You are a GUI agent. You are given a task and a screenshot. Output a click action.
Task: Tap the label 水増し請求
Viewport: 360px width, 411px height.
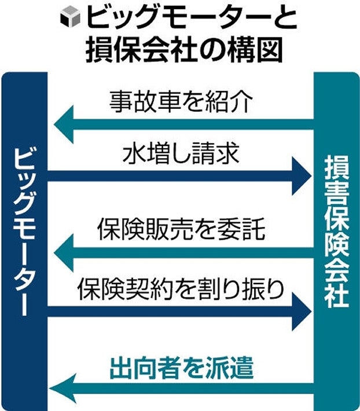(x=181, y=155)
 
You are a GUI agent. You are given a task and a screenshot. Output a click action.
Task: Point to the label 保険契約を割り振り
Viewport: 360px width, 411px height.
(x=181, y=288)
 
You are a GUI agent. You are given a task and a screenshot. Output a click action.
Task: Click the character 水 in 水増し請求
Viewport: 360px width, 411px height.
(x=134, y=155)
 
